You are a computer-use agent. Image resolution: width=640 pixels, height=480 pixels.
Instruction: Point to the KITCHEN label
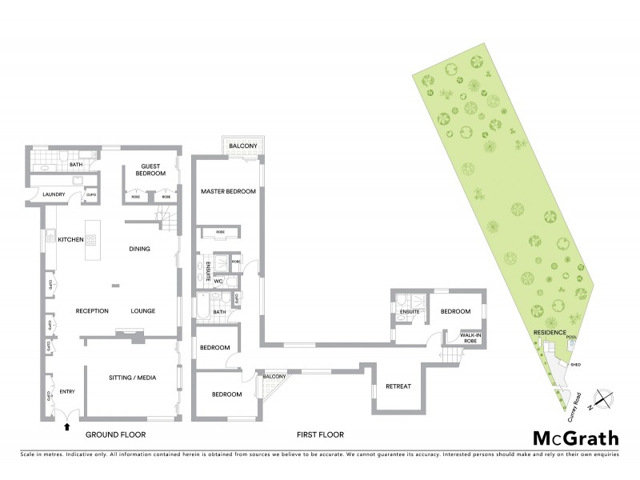click(x=71, y=238)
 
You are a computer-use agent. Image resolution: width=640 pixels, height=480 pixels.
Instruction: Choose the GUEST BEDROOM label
click(x=149, y=170)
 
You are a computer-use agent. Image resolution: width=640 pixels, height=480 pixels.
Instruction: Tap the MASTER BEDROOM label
click(x=228, y=191)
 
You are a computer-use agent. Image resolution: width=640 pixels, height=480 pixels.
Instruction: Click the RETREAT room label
click(x=398, y=386)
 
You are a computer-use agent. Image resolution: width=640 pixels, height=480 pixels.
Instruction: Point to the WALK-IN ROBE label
click(x=462, y=339)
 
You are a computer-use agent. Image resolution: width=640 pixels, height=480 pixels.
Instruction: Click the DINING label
click(x=140, y=249)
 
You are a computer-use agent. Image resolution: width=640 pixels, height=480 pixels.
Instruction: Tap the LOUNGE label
click(x=142, y=310)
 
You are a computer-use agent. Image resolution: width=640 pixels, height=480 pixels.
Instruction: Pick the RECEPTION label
click(x=92, y=310)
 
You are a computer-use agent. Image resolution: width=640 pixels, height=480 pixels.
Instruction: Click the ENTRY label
click(x=66, y=390)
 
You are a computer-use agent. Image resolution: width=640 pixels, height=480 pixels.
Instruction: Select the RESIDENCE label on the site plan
click(x=550, y=333)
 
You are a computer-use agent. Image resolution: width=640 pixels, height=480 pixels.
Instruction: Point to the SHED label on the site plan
click(x=576, y=365)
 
